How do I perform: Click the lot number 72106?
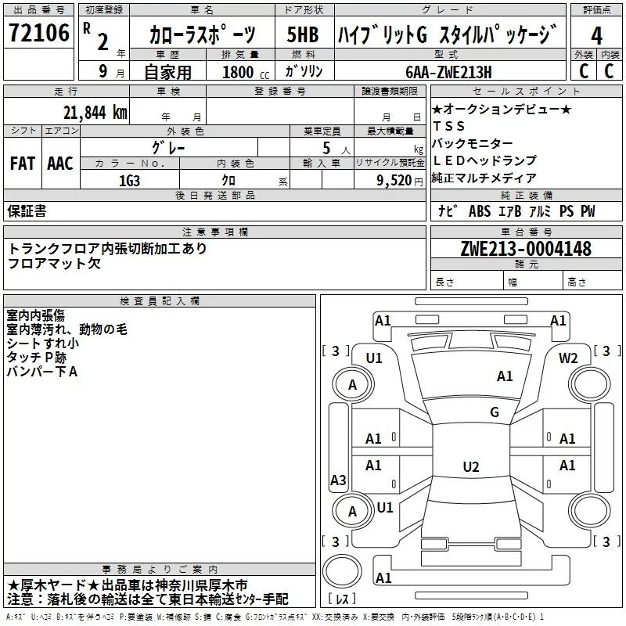click(x=38, y=33)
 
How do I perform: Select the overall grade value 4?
click(x=597, y=36)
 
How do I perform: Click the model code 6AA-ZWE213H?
click(x=448, y=72)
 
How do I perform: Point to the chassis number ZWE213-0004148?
click(x=526, y=250)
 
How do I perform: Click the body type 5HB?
click(x=303, y=35)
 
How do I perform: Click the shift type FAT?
click(x=22, y=163)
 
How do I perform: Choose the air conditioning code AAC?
click(x=59, y=163)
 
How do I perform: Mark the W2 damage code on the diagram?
click(x=568, y=358)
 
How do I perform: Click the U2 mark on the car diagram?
click(x=470, y=467)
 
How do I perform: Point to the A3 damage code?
click(x=338, y=480)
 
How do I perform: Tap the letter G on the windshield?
click(x=494, y=412)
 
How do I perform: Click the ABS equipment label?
click(x=479, y=211)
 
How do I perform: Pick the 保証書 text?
click(x=27, y=211)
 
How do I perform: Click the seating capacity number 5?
click(x=325, y=146)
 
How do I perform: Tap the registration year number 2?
click(x=102, y=41)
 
